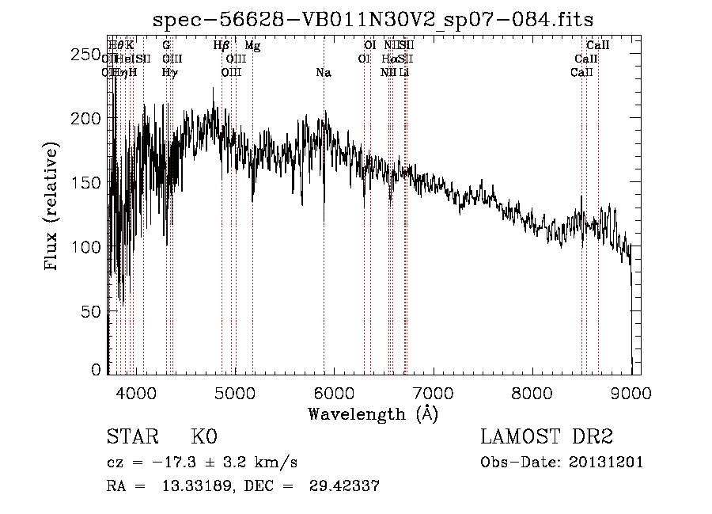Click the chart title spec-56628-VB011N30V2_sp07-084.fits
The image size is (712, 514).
373,19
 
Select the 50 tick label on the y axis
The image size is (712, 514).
93,311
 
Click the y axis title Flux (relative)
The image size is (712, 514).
52,208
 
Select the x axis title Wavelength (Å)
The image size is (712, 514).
373,413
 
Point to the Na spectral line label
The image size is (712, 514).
323,72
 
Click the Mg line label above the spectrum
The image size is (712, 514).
252,46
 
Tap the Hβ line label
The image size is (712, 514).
222,46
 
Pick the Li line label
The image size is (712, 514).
403,72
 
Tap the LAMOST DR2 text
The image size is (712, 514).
547,437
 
